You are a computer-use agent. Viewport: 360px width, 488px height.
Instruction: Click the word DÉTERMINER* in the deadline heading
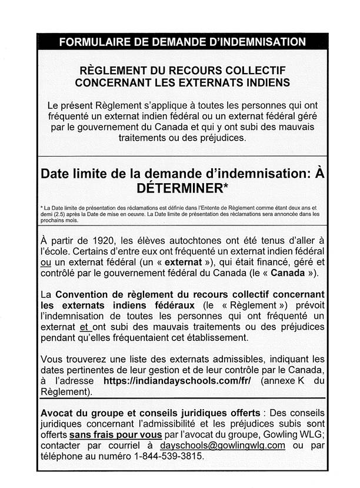click(179, 188)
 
